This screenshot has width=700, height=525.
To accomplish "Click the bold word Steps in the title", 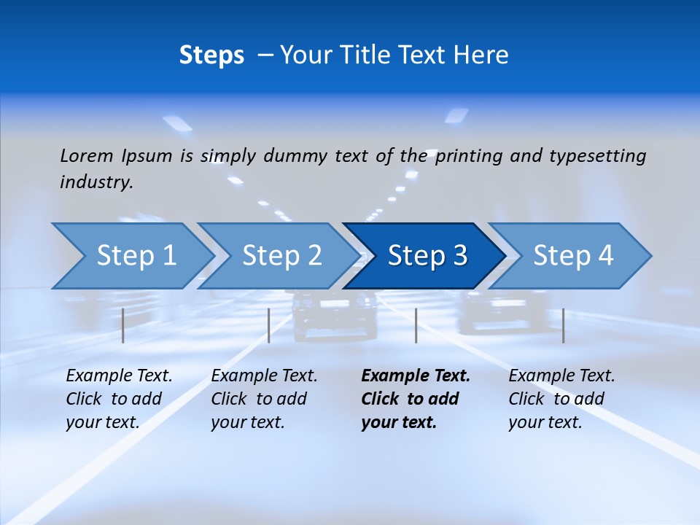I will pyautogui.click(x=211, y=55).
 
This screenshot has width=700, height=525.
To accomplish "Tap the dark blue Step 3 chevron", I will pyautogui.click(x=427, y=256).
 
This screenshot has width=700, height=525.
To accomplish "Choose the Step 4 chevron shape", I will pyautogui.click(x=572, y=256).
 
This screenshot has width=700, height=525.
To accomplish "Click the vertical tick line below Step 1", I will pyautogui.click(x=123, y=325).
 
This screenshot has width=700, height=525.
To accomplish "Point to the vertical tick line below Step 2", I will pyautogui.click(x=269, y=325).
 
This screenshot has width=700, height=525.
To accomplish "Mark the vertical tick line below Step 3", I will pyautogui.click(x=416, y=325).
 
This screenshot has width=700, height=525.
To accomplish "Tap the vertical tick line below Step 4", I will pyautogui.click(x=564, y=325).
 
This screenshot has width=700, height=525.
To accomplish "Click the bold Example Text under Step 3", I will pyautogui.click(x=416, y=376).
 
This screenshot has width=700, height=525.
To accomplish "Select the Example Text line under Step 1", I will pyautogui.click(x=119, y=376).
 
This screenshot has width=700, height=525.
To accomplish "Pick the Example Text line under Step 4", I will pyautogui.click(x=561, y=376).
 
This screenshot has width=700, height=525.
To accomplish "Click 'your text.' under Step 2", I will pyautogui.click(x=248, y=422).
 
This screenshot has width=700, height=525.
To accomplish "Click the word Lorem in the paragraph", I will pyautogui.click(x=87, y=155).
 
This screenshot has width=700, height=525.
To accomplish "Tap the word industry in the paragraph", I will pyautogui.click(x=96, y=182).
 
